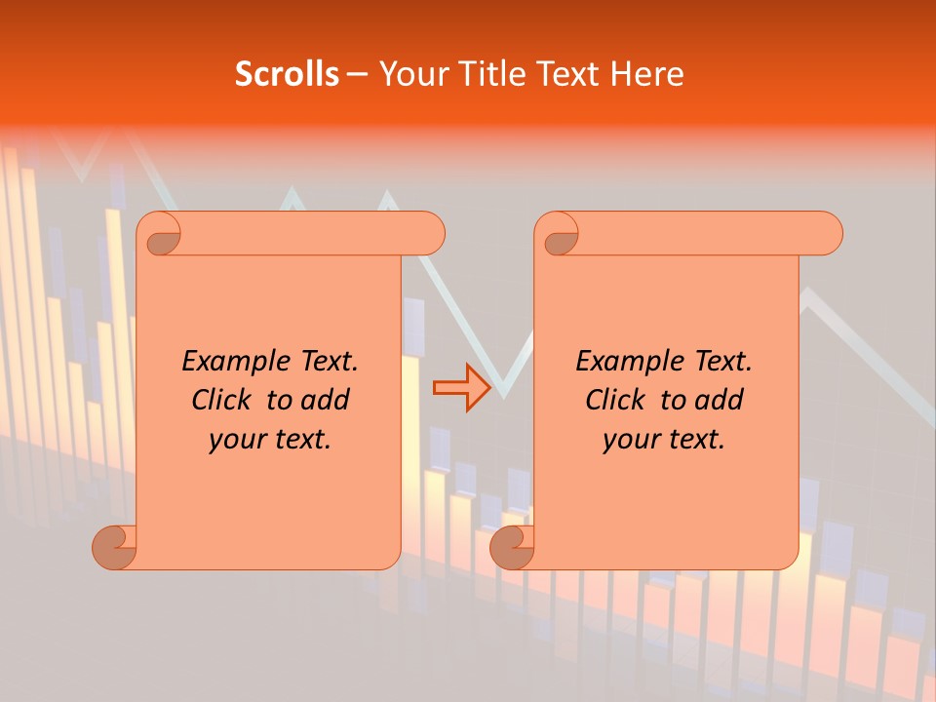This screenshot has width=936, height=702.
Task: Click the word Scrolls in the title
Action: [x=287, y=74]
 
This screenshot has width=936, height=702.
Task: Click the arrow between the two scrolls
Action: [x=462, y=388]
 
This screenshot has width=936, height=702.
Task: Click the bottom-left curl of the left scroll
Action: [x=114, y=548]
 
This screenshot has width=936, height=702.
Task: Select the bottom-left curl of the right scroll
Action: [x=512, y=548]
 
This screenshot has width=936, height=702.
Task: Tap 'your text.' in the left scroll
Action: [x=270, y=440]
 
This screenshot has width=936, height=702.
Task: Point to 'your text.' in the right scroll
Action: [x=664, y=440]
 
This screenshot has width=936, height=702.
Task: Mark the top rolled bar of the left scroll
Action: [x=312, y=234]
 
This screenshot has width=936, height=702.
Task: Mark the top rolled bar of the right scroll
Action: [x=710, y=234]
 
